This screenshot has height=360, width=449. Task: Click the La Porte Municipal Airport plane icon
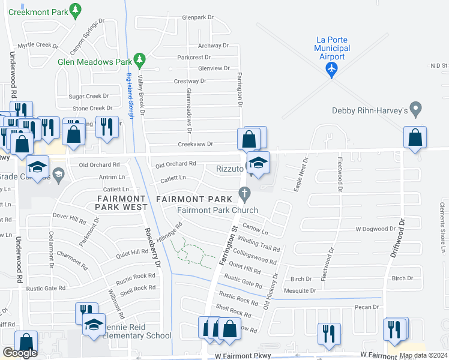click(x=331, y=70)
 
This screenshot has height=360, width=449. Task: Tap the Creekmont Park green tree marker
click(x=75, y=10)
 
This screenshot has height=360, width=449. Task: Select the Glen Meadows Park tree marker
click(x=139, y=60)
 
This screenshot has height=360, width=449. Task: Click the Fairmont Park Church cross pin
click(x=244, y=194)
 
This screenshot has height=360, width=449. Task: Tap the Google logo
click(x=20, y=353)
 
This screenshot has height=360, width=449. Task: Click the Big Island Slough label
click(x=130, y=95)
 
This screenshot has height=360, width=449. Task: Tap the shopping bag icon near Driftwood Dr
click(x=415, y=137)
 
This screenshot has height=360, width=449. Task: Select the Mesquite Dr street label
click(x=300, y=290)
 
